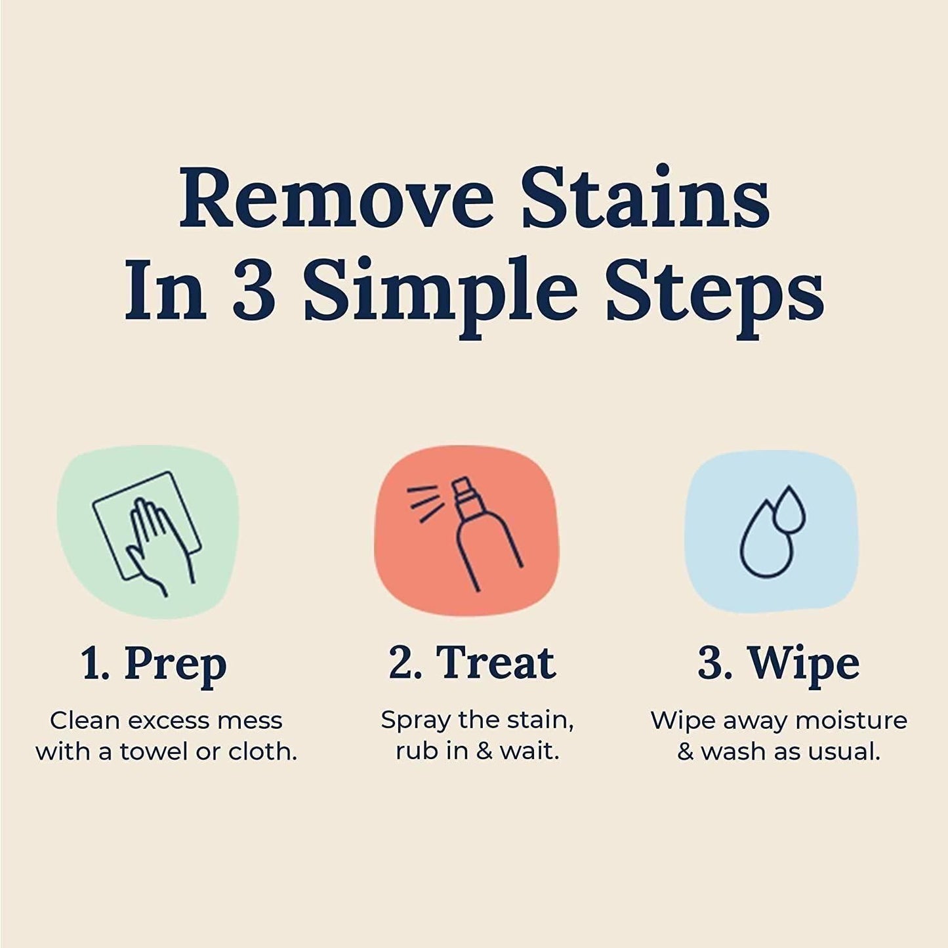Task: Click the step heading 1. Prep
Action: click(154, 663)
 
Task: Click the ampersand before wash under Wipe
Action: click(686, 752)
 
